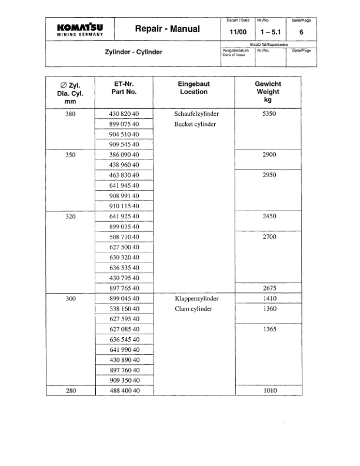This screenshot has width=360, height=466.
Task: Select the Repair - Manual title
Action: pos(168,29)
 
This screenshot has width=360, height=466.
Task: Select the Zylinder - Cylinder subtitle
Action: pos(134,52)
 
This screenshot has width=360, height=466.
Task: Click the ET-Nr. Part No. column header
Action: pos(124,88)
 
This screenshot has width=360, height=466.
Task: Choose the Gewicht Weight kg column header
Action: pos(268,92)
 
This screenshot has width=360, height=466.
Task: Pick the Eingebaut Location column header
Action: pos(194,88)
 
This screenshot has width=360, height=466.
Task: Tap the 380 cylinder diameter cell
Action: pos(70,114)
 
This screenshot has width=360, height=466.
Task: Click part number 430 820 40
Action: pos(124,114)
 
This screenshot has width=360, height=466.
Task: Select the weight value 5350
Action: pos(268,114)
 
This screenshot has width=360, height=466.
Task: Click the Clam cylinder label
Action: pos(194,308)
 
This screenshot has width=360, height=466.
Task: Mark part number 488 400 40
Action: pos(124,391)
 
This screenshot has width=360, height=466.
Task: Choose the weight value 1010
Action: pos(268,391)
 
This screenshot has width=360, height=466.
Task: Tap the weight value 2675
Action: pos(268,288)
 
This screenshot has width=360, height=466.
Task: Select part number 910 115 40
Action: pos(124,206)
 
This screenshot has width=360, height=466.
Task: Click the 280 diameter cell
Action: pos(70,391)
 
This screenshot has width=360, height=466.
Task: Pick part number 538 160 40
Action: pos(124,308)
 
